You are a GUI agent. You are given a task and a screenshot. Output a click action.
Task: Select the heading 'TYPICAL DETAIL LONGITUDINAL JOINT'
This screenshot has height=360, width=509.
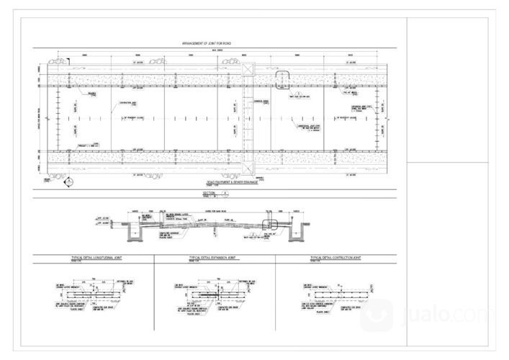coord(93,257)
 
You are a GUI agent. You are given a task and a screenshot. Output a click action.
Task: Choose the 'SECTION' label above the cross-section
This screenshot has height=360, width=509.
coord(210,194)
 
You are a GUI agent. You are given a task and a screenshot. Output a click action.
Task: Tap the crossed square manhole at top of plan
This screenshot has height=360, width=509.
coord(248,69)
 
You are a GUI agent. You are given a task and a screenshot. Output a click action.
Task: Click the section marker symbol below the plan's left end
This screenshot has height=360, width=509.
coord(68,181)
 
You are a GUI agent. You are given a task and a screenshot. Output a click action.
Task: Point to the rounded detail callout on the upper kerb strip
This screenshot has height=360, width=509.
coord(281,78)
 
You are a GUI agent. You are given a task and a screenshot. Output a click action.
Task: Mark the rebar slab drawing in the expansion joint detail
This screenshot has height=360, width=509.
coord(209,294)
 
